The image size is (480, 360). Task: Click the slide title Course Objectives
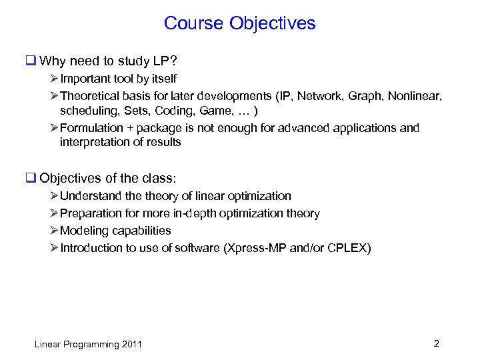[x=239, y=23]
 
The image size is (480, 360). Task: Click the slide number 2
[x=436, y=343]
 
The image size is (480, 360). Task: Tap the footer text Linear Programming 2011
[x=88, y=344]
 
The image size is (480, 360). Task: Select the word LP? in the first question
[x=145, y=61]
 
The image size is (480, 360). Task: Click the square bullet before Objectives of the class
[x=31, y=178]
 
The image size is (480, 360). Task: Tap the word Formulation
[x=91, y=127]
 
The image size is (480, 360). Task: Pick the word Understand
[x=89, y=196]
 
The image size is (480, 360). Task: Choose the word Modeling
[x=83, y=231]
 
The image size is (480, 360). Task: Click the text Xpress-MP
[x=256, y=248]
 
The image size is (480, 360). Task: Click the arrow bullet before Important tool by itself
[x=54, y=79]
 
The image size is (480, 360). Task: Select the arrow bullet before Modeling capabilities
[x=54, y=231]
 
